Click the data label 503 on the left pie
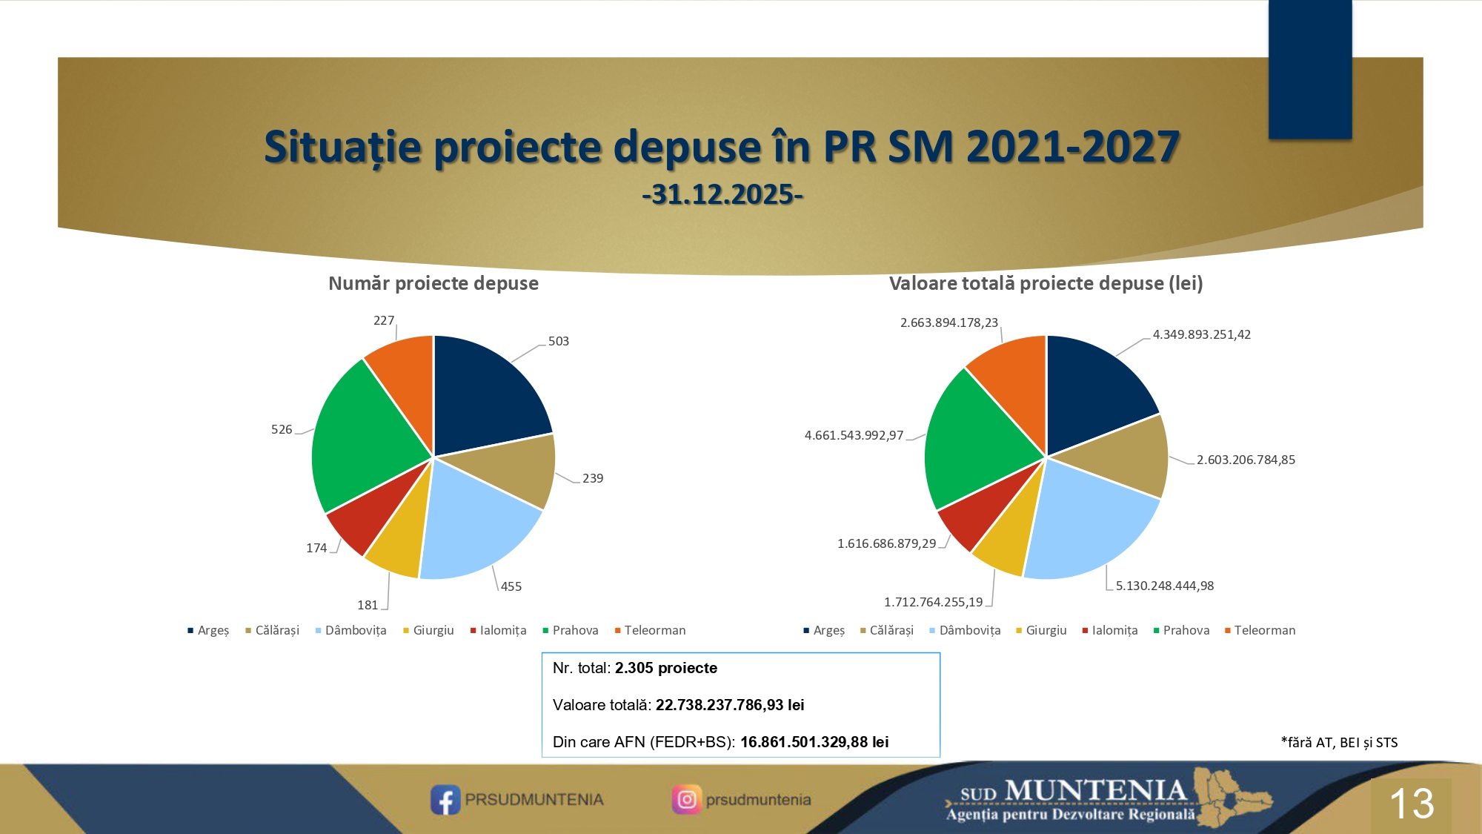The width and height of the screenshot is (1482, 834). coord(559,341)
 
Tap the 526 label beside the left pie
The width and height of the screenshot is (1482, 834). coord(282,429)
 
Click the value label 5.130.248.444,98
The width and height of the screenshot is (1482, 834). coord(1165,586)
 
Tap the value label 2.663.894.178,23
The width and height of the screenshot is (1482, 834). coord(949,322)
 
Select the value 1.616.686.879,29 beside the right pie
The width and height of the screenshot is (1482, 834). coord(887,543)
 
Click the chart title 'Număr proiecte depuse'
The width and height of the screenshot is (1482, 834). coord(433,283)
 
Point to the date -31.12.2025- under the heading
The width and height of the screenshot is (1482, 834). coord(722,194)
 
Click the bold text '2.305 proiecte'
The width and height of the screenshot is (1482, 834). coord(666,668)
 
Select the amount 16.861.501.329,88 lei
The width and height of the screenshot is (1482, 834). coord(814,742)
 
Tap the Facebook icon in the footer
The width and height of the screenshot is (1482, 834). coord(445,800)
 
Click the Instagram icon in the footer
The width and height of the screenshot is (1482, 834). coord(686,800)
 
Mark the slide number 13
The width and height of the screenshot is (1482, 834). coord(1412,804)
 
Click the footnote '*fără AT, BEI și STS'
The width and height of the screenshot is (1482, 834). coord(1339,742)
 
